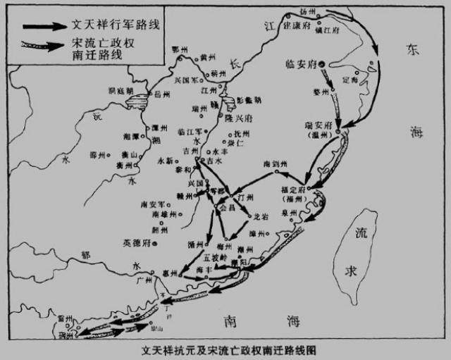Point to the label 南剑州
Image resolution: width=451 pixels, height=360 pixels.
tap(275, 163)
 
